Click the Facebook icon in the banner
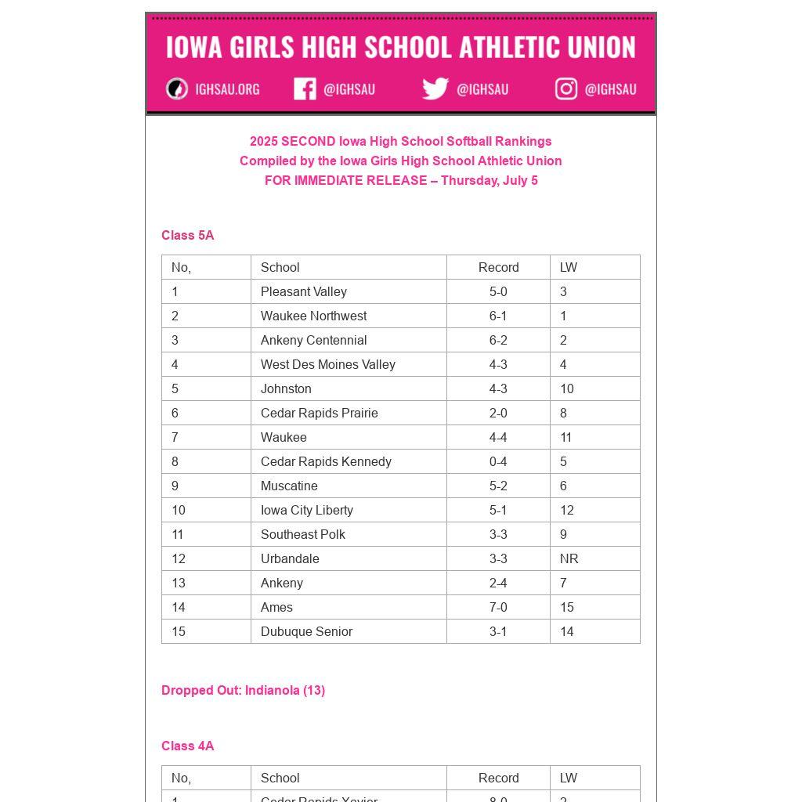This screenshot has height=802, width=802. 305,89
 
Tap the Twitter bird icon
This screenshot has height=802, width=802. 435,89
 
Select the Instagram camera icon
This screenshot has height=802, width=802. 566,89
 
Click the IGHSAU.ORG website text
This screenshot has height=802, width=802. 227,89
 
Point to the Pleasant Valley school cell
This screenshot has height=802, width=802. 304,291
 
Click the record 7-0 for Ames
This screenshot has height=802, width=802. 498,607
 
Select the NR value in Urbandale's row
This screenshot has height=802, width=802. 569,558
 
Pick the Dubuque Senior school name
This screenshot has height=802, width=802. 306,631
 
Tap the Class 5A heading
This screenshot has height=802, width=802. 187,235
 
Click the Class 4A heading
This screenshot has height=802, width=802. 187,746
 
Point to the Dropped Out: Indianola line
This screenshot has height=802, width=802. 243,690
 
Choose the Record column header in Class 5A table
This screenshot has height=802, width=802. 498,267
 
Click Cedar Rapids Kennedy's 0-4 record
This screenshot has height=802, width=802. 498,461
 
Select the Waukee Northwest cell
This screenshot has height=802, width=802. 313,316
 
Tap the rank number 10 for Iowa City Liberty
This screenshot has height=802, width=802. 179,510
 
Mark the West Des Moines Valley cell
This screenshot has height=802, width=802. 327,364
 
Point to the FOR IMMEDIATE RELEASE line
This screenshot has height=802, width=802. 401,180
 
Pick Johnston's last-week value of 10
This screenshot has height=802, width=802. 567,388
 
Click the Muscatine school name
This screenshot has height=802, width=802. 289,486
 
